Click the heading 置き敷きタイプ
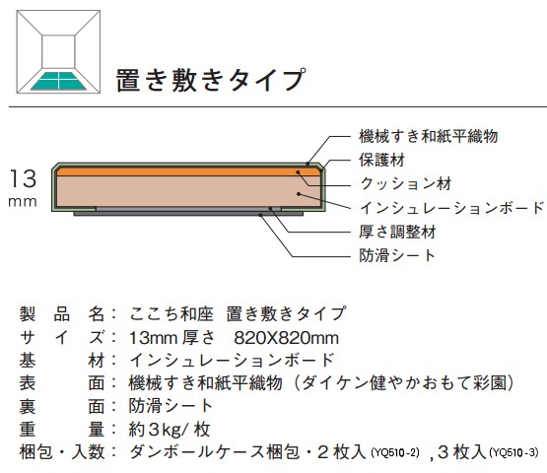[211, 80]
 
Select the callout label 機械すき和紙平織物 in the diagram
[429, 136]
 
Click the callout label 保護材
[382, 160]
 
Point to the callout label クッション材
[406, 183]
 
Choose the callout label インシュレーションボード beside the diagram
[452, 208]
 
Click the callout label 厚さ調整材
[398, 232]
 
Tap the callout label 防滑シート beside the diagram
[397, 255]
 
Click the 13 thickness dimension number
[23, 178]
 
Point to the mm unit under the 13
[23, 202]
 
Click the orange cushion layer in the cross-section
[188, 171]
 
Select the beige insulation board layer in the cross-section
[188, 191]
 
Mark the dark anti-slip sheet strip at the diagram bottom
[188, 214]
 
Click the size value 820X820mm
[287, 338]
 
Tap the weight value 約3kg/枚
[170, 430]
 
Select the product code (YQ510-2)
[395, 452]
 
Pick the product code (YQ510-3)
[513, 452]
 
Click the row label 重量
[62, 430]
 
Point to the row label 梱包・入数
[62, 452]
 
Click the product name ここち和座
[171, 314]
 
